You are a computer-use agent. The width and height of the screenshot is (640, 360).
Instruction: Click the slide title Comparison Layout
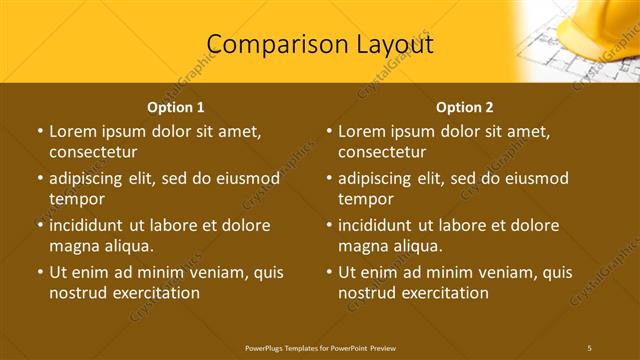[320, 44]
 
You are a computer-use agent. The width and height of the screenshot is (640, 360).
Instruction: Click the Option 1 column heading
[176, 107]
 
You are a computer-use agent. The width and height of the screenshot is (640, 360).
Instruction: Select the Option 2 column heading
[465, 107]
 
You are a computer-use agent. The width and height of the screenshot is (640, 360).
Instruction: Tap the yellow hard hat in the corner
[600, 25]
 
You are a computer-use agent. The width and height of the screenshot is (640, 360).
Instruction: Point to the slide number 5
[589, 347]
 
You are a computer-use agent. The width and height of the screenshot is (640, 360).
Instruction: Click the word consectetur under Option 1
[93, 152]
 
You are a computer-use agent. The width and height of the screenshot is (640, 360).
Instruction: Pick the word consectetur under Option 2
[382, 152]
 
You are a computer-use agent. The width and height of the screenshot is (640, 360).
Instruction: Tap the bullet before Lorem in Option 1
[39, 131]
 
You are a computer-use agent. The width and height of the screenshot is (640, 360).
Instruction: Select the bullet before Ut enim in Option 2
[328, 272]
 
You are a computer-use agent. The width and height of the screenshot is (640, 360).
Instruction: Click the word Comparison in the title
[267, 44]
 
